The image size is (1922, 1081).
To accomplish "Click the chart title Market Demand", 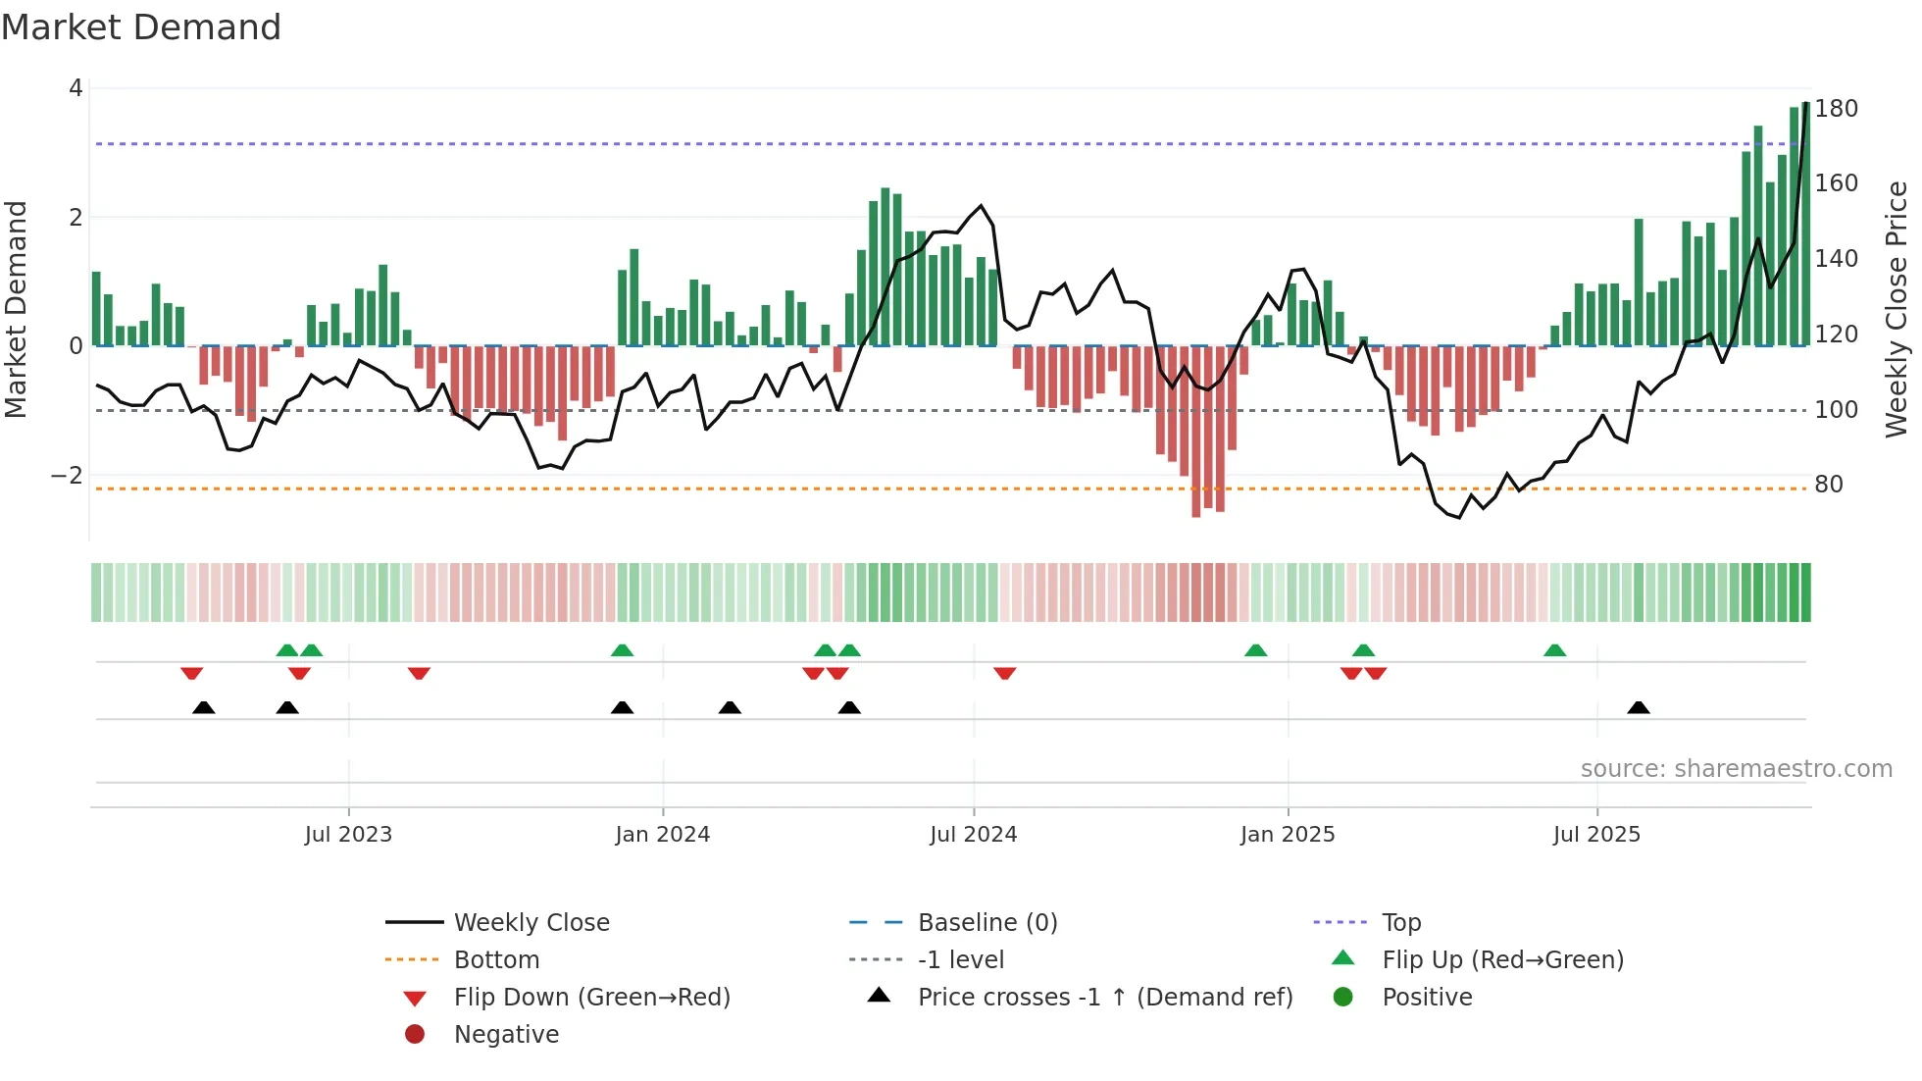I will pos(141,27).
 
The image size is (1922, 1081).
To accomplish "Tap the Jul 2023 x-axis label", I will pos(348,835).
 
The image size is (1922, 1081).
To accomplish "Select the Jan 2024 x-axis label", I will pos(662,835).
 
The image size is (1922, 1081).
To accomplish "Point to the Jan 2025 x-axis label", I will pos(1287,835).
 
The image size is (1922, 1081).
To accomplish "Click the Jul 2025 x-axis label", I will pos(1596,835).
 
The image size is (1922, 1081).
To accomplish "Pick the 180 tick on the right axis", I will pos(1836,109).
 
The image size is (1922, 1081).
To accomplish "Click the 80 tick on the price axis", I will pos(1829,485).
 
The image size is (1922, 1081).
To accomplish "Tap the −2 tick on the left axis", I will pos(67,476).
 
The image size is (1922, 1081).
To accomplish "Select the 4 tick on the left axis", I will pos(76,88).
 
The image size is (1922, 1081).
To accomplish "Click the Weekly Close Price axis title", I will pos(1897,309).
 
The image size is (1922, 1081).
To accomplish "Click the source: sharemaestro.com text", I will pos(1736,769).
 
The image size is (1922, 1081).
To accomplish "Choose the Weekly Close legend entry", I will pos(531,923).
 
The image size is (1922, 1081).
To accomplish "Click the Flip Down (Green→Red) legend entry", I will pos(591,998).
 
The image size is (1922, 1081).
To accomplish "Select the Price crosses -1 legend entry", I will pos(1104,998).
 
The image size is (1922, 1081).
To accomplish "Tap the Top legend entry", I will pos(1400,923).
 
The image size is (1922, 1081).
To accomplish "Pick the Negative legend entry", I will pos(506,1035).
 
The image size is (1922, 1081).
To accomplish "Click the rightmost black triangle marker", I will pos(1639,707).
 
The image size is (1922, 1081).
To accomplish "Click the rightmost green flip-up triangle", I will pos(1554,650).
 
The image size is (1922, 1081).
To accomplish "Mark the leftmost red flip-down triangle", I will pos(192,673).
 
